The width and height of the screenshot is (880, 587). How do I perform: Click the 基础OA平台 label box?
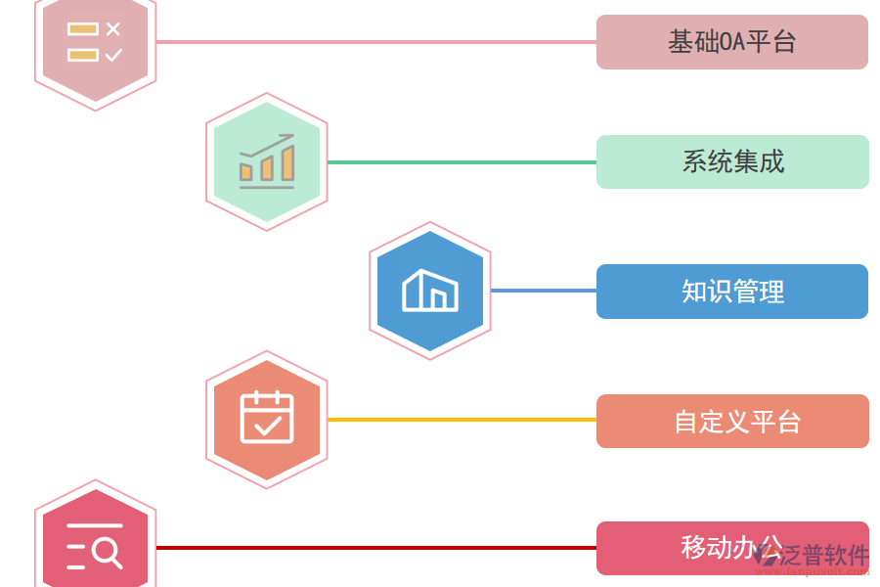[x=731, y=42]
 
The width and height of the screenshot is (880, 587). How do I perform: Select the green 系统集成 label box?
[x=731, y=161]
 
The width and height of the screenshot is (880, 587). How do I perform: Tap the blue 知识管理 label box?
[x=731, y=292]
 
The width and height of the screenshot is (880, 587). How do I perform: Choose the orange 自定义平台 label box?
[x=731, y=421]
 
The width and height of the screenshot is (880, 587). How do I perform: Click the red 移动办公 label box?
[x=684, y=548]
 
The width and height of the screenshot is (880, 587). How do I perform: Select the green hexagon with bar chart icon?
[x=266, y=162]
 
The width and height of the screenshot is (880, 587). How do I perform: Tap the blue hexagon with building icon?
[x=429, y=291]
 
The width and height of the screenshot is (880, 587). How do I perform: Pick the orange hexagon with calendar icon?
[x=266, y=420]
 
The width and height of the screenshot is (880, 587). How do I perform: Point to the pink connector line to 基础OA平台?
[x=376, y=42]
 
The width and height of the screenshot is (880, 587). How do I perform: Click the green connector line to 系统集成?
[x=460, y=161]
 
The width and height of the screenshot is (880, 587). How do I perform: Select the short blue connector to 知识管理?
[x=543, y=291]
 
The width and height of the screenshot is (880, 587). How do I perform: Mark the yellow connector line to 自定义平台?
[x=460, y=420]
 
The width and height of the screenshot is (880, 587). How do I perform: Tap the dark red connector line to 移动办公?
[x=376, y=548]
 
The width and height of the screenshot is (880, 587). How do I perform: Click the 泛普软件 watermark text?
[x=826, y=556]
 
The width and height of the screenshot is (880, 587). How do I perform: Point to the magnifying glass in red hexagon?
[x=108, y=554]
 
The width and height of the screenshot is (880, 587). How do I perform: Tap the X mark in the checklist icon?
[x=113, y=29]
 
